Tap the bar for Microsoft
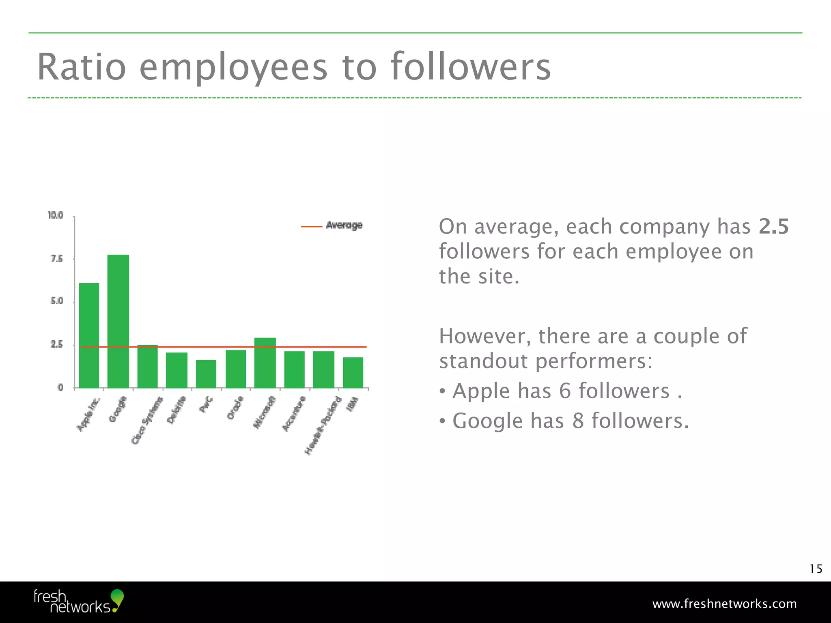pyautogui.click(x=265, y=363)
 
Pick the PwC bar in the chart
pyautogui.click(x=206, y=374)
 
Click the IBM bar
pyautogui.click(x=353, y=372)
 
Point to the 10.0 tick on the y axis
pyautogui.click(x=56, y=215)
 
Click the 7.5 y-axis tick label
pyautogui.click(x=57, y=259)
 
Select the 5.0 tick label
pyautogui.click(x=57, y=301)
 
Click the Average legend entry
pyautogui.click(x=344, y=226)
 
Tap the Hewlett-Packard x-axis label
pyautogui.click(x=323, y=425)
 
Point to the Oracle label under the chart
pyautogui.click(x=235, y=408)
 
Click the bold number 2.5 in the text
pyautogui.click(x=773, y=226)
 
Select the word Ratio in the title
pyautogui.click(x=82, y=67)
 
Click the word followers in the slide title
pyautogui.click(x=471, y=67)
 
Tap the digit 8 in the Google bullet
pyautogui.click(x=578, y=421)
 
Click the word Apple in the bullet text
pyautogui.click(x=481, y=391)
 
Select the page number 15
pyautogui.click(x=816, y=569)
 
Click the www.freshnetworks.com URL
pyautogui.click(x=724, y=604)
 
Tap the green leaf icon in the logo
pyautogui.click(x=117, y=597)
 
